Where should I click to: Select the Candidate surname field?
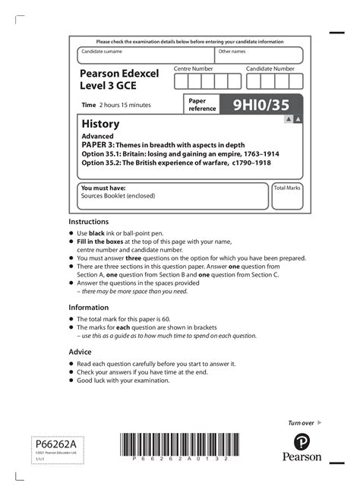pyautogui.click(x=146, y=56)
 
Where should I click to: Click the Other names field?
pyautogui.click(x=258, y=56)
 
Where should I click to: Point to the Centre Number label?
pyautogui.click(x=194, y=68)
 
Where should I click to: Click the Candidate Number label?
pyautogui.click(x=270, y=68)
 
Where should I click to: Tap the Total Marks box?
pyautogui.click(x=287, y=196)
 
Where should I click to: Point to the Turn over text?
pyautogui.click(x=302, y=422)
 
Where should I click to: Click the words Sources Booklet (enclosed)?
pyautogui.click(x=118, y=195)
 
